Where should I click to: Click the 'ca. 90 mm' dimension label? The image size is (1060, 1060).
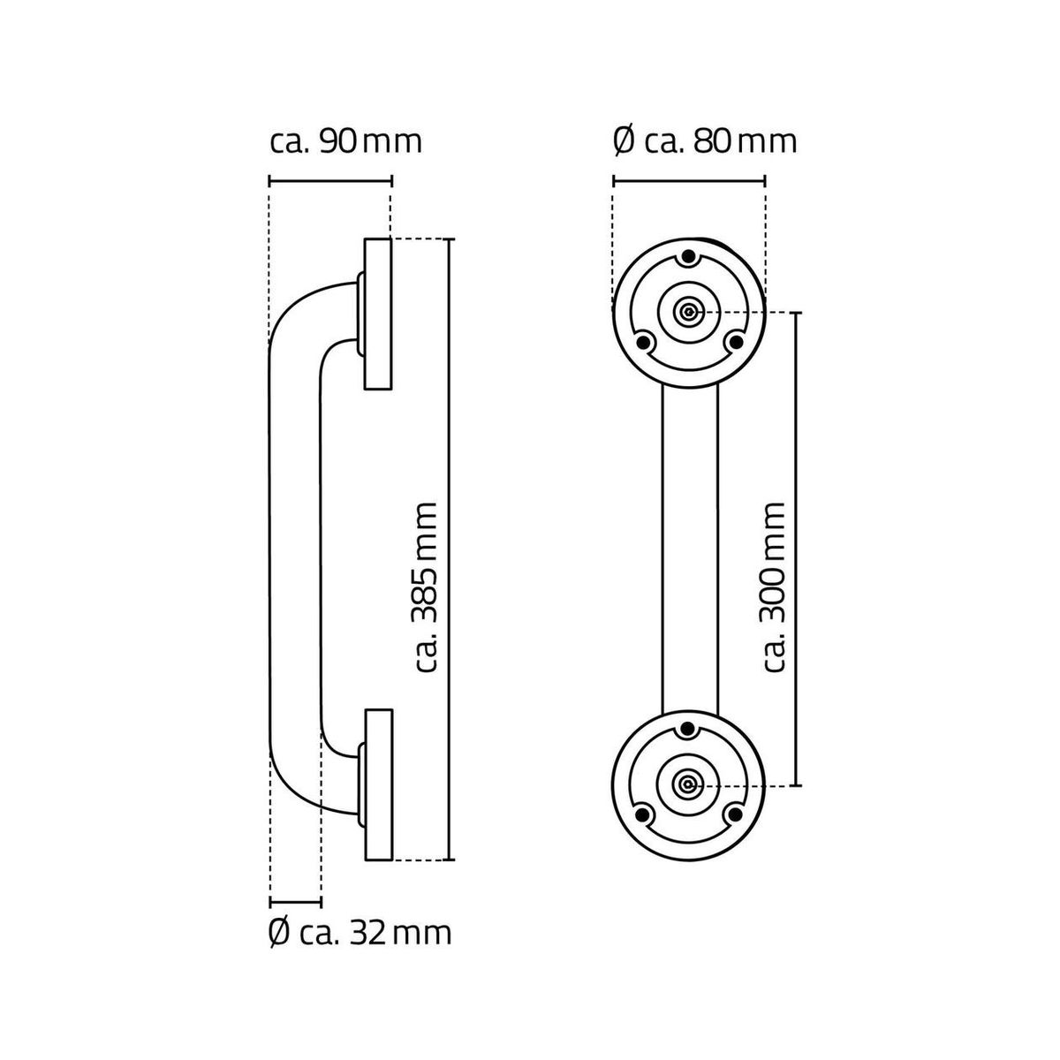point(344,141)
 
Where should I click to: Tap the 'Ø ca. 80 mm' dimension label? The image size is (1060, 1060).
point(704,141)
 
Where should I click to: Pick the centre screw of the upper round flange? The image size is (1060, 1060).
point(688,311)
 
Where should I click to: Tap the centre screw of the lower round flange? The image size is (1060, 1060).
point(688,784)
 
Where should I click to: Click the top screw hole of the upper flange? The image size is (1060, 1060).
point(688,260)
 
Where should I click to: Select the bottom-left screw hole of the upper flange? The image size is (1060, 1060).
point(645,341)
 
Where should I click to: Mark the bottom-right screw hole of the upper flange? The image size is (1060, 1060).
point(732,341)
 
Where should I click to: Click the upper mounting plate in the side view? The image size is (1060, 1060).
point(378,313)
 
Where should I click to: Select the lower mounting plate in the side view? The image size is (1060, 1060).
point(378,784)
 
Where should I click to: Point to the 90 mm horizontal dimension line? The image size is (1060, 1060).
point(329,181)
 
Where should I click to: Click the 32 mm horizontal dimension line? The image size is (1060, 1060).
point(295,902)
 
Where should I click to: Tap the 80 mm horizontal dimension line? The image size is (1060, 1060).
point(688,181)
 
